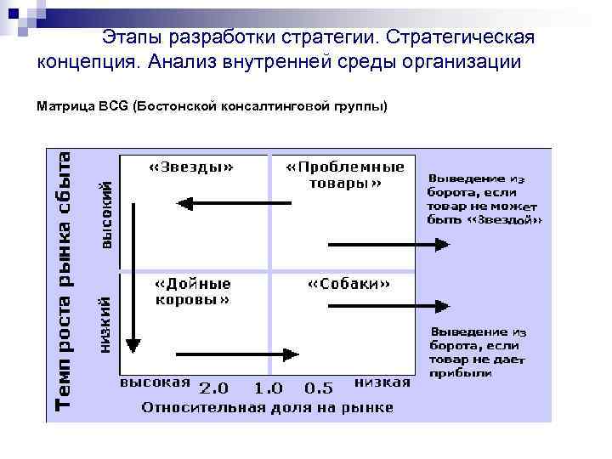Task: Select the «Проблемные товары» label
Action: click(344, 174)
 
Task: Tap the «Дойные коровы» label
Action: click(192, 291)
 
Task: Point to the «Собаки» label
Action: click(348, 284)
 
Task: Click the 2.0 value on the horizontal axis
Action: click(213, 388)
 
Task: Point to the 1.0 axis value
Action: click(268, 388)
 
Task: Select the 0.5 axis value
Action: click(319, 388)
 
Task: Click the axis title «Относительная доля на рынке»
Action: click(267, 407)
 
